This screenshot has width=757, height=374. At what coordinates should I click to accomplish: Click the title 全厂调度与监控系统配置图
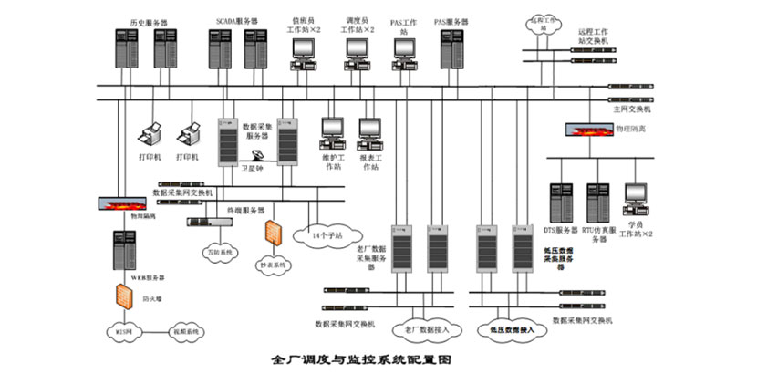click(x=362, y=358)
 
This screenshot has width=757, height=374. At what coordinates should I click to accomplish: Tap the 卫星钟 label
click(x=251, y=168)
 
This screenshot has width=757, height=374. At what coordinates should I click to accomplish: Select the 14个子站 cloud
click(x=324, y=234)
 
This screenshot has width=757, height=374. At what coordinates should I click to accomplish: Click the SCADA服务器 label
click(x=237, y=17)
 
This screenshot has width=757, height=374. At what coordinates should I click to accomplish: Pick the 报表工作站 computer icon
click(x=369, y=133)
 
